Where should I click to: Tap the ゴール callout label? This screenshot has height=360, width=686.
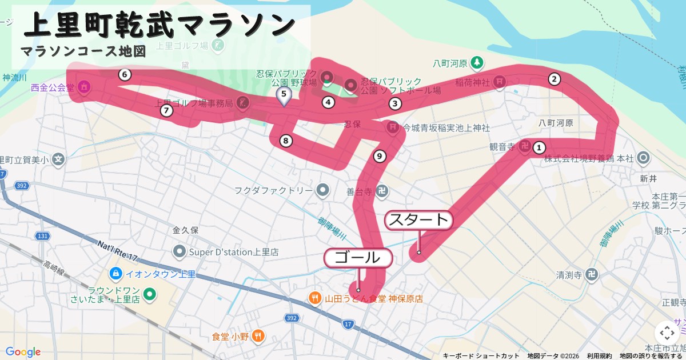358,258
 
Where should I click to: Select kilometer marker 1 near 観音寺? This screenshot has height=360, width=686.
539,148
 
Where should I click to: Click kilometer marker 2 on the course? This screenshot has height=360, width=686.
553,79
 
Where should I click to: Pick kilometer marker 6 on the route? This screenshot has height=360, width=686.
125,74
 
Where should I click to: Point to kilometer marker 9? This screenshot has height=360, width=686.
378,155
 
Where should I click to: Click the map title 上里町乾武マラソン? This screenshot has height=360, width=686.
160,26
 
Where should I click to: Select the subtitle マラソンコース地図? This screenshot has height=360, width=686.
83,51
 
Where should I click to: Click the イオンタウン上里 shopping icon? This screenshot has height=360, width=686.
116,274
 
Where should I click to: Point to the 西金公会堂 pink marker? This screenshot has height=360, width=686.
84,87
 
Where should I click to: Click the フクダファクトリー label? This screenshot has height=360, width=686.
273,189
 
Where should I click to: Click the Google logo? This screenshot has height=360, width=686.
23,351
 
